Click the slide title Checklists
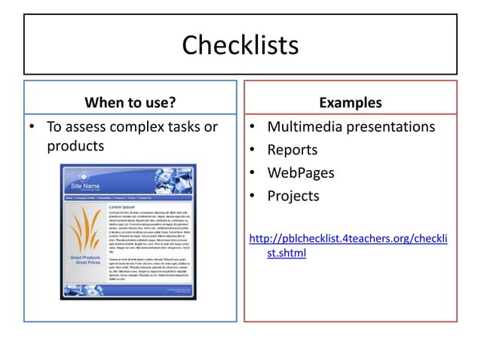tap(240, 45)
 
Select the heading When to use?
tap(130, 102)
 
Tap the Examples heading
tap(350, 102)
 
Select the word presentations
tap(392, 127)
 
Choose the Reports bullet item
tap(293, 150)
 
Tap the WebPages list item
tap(301, 173)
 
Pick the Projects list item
tap(293, 196)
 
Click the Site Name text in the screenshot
tap(85, 185)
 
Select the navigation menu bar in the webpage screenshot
tap(128, 197)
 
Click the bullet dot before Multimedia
tap(253, 127)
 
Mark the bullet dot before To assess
tap(32, 127)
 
